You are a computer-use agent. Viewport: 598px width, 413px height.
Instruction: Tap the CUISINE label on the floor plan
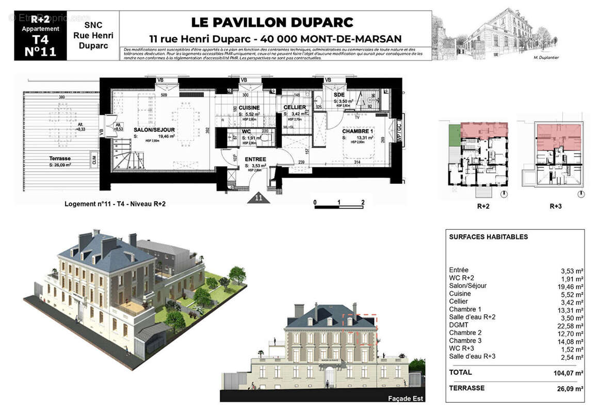point(249,107)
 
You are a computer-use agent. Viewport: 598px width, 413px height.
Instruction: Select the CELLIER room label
point(295,107)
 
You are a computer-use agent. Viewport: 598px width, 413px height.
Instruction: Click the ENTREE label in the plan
point(255,159)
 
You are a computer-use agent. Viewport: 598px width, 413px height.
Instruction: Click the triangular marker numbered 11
point(257,198)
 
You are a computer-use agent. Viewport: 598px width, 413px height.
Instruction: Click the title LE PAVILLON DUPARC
point(272,22)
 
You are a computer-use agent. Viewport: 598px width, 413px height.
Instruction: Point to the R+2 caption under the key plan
point(483,206)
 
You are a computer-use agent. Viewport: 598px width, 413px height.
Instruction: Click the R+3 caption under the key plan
point(555,206)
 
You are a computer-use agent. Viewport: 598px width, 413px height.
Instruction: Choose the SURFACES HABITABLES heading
point(488,237)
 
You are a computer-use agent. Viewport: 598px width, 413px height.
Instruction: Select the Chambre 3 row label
point(466,341)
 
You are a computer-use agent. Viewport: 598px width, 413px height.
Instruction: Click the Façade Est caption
point(405,398)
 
